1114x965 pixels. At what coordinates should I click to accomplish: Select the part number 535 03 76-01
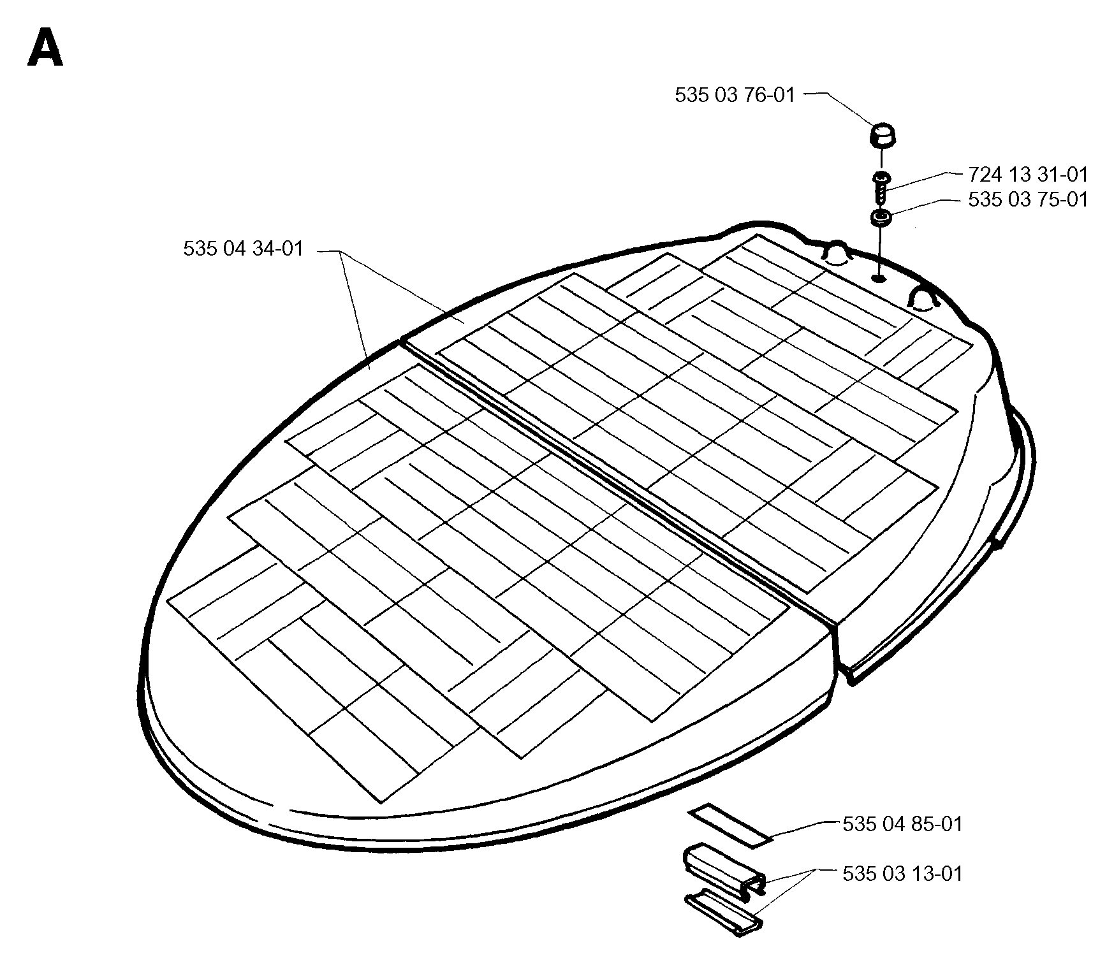click(x=735, y=96)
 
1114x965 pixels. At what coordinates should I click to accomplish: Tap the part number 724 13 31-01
click(x=1028, y=174)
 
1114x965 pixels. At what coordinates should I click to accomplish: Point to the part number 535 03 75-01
click(x=1028, y=200)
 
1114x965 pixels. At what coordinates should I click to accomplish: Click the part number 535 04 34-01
click(x=244, y=249)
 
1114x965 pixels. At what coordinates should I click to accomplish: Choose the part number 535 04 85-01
click(x=902, y=824)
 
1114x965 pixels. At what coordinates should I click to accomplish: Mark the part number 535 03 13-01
click(x=902, y=873)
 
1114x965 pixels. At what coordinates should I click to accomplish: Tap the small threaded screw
click(x=881, y=185)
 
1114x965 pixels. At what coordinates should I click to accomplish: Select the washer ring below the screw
click(x=881, y=218)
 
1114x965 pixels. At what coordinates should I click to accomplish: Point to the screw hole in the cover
click(x=879, y=277)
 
